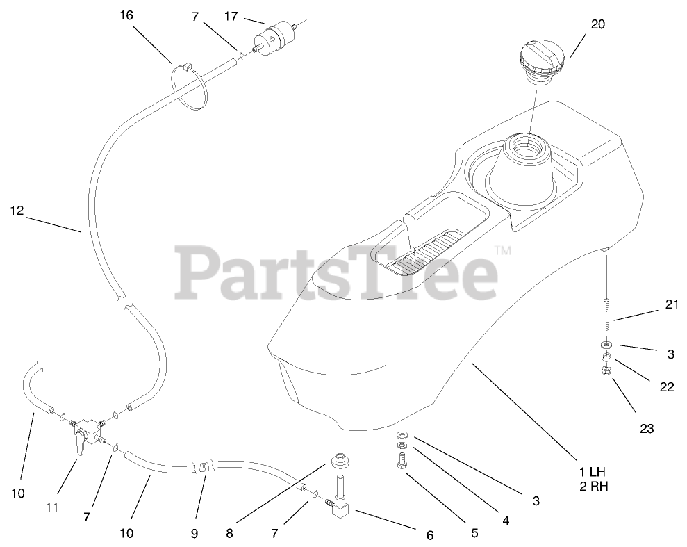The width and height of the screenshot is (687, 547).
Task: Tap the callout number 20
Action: [597, 24]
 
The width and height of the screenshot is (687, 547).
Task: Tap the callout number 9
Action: [194, 534]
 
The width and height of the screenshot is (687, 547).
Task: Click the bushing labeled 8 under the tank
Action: [340, 460]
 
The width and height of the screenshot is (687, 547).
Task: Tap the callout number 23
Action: [647, 429]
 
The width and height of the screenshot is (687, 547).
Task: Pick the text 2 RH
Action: [593, 487]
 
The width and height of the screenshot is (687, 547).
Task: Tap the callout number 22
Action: [666, 387]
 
